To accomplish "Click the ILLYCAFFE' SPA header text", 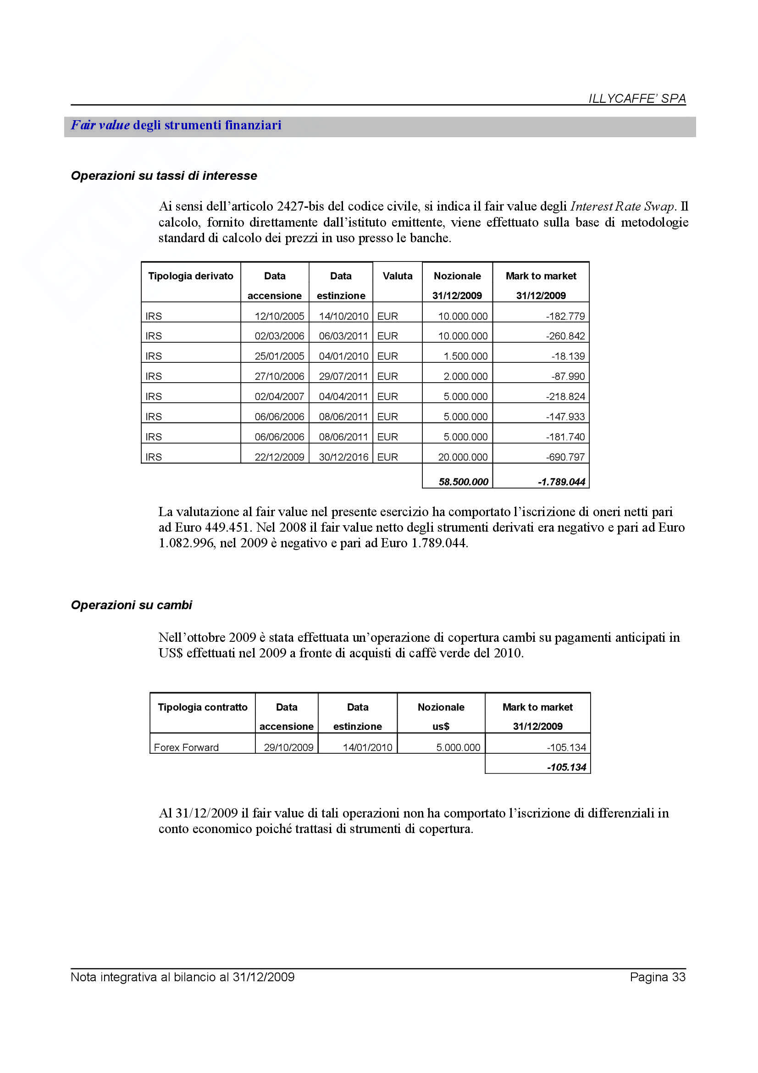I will coord(637,99).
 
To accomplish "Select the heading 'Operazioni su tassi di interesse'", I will coord(164,176).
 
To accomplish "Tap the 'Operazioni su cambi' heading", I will coord(131,605).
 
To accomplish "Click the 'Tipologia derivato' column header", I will coord(191,276).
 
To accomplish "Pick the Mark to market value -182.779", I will coord(565,317).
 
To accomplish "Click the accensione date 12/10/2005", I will coord(279,317).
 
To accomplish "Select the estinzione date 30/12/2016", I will coord(343,457).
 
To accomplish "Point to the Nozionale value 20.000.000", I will coord(462,457).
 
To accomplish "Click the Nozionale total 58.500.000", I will coord(463,482).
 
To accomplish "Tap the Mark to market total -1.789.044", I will coord(561,482).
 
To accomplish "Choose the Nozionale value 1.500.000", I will coord(465,356).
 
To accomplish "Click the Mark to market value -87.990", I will coord(568,376).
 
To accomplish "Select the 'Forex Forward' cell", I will coord(186,747).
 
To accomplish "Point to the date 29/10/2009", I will coord(288,747).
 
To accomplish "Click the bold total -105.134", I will coord(566,767).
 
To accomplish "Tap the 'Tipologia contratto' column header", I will coord(203,707).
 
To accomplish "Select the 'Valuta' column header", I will coord(398,276).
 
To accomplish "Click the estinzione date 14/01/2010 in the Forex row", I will coord(367,747).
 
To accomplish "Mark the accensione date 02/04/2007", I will coord(279,397).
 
